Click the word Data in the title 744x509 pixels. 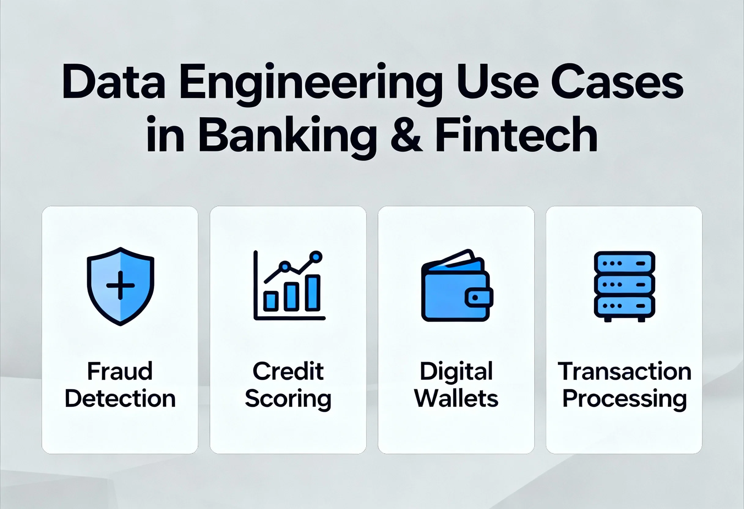click(x=113, y=82)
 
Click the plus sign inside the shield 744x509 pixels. click(x=120, y=285)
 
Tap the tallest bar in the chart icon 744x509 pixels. click(x=312, y=293)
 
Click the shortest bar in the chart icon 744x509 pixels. click(x=270, y=301)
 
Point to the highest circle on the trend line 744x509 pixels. click(x=316, y=257)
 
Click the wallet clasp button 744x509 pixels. click(x=476, y=298)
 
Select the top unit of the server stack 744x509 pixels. click(x=624, y=263)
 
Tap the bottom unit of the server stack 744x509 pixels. click(x=624, y=306)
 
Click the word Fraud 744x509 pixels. click(x=120, y=371)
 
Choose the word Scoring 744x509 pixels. click(x=288, y=399)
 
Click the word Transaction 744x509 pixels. click(x=624, y=371)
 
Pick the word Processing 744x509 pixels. click(x=624, y=399)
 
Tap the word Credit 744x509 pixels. click(x=288, y=371)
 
